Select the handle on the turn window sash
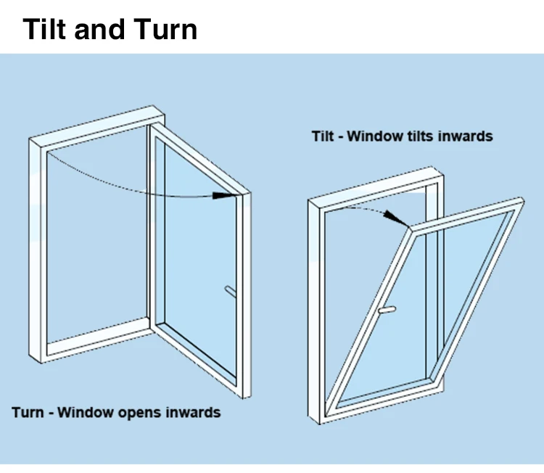[230, 291]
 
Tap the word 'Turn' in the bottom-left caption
[27, 413]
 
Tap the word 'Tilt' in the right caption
[323, 136]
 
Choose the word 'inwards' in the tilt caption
[466, 136]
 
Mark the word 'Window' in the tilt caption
[374, 136]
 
